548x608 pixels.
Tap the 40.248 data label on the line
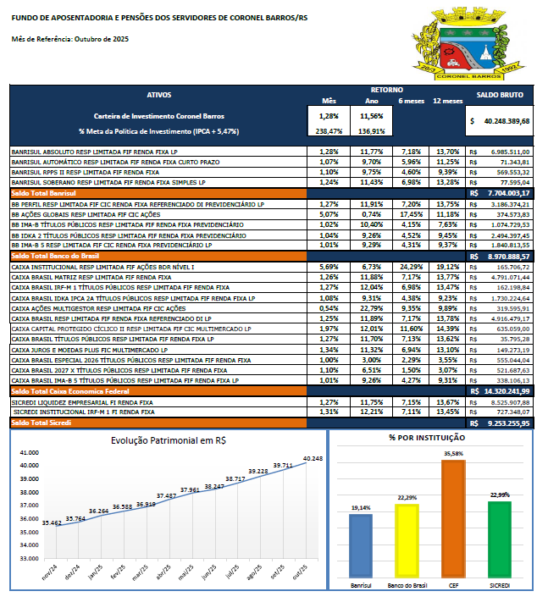pos(313,458)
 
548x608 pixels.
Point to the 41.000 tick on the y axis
pos(28,452)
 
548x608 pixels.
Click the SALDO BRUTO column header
pos(500,96)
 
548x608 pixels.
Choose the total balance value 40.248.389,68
pos(503,121)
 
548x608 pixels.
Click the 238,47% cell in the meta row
pos(329,131)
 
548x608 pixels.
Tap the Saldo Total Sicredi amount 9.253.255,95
pos(505,422)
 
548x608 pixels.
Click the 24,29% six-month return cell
pos(412,267)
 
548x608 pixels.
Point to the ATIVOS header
pos(159,96)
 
